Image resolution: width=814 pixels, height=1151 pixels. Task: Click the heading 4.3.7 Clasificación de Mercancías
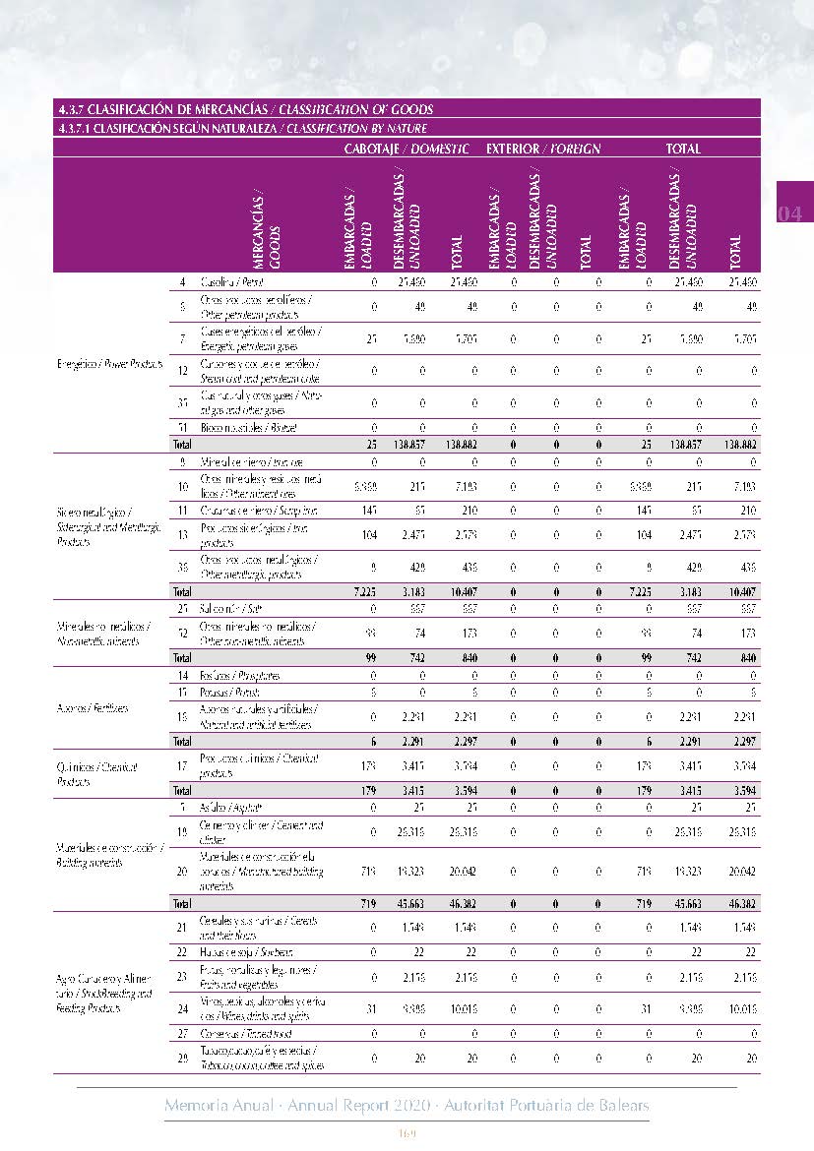[246, 109]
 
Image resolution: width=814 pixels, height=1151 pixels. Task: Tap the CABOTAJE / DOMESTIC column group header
[406, 149]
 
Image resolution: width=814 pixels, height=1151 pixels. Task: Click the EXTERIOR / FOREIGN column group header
[543, 149]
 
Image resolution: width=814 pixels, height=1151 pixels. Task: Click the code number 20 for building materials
[183, 871]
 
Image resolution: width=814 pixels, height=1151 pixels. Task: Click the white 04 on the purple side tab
[792, 213]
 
